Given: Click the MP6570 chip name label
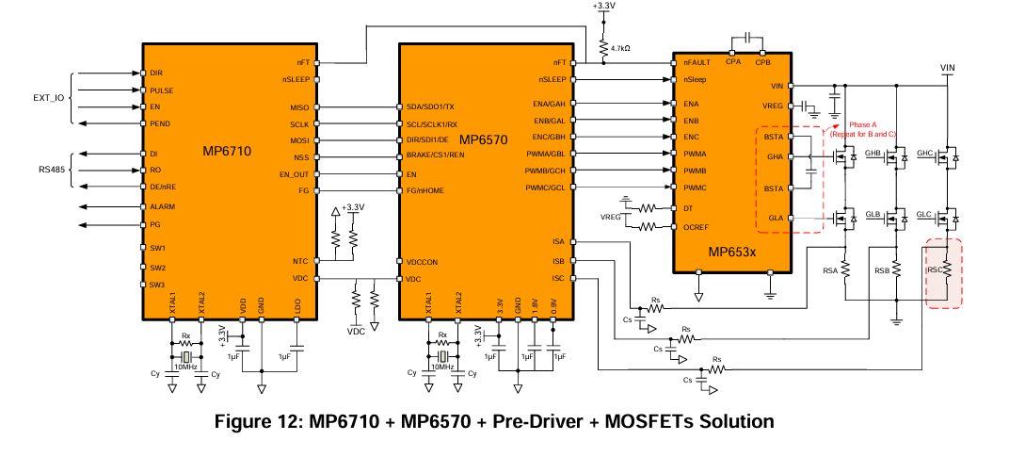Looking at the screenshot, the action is (x=483, y=139).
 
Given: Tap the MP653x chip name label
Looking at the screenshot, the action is (x=731, y=252).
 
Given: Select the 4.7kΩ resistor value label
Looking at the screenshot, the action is (x=620, y=48).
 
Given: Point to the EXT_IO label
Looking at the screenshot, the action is (x=49, y=99).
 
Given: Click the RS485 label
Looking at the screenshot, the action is (x=53, y=171).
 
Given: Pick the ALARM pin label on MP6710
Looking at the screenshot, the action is (x=162, y=207).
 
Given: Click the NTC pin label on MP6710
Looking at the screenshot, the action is (x=300, y=261).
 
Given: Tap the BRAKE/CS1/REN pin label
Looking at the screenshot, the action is (x=435, y=155).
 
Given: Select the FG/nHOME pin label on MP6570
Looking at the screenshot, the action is (x=425, y=190).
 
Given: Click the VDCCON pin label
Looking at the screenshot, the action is (x=422, y=262).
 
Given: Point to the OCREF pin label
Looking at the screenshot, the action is (x=696, y=227).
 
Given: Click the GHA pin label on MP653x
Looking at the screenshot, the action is (x=775, y=156).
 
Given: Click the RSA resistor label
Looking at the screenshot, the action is (x=830, y=270).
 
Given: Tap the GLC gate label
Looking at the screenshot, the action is (x=924, y=214).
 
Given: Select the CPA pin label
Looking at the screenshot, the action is (x=733, y=62).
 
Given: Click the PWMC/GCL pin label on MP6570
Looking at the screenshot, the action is (x=544, y=188).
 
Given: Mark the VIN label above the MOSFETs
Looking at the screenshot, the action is (x=947, y=68).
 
